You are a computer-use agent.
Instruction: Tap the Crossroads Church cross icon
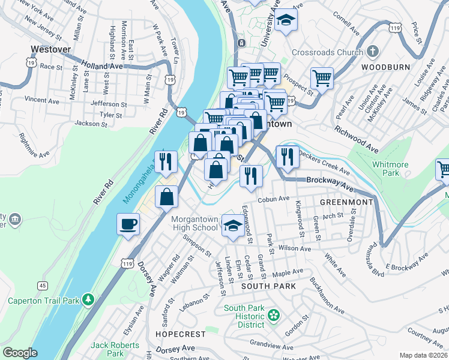tap(372, 52)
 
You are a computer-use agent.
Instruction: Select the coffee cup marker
tap(127, 224)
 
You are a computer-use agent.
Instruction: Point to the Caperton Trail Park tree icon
tap(89, 298)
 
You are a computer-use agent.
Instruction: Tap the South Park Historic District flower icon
tap(274, 314)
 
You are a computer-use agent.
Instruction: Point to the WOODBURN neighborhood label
tap(385, 67)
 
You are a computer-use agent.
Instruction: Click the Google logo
tap(20, 353)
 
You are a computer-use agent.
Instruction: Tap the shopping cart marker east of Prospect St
tap(322, 77)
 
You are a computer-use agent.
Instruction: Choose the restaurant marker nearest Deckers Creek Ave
tap(288, 156)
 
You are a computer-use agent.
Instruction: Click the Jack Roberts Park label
tap(116, 349)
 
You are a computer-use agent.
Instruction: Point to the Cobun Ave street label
tap(274, 199)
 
